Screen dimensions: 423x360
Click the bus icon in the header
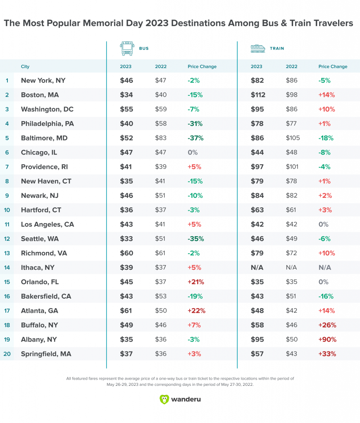127,48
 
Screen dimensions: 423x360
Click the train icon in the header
257,48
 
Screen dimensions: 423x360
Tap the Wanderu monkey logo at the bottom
164,399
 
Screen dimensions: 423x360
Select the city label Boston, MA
40,95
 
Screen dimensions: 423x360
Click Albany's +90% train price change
327,339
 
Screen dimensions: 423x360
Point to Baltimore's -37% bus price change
195,138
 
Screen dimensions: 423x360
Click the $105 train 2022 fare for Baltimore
293,138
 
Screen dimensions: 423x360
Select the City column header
25,67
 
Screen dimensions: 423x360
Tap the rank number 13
7,253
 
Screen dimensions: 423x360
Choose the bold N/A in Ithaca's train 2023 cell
257,267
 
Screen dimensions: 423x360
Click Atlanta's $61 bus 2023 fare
126,310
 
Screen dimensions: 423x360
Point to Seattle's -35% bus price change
195,238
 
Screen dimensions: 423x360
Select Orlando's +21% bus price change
195,282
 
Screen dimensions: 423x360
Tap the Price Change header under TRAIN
333,67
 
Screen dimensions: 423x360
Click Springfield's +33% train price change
327,354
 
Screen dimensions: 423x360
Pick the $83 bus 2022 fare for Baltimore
161,138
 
